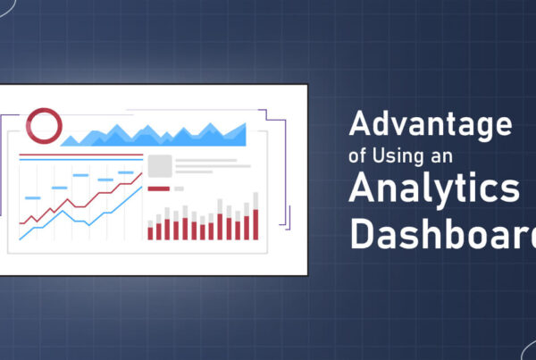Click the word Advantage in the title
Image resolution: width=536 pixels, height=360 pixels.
[431, 125]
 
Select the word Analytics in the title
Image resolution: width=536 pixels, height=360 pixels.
[434, 190]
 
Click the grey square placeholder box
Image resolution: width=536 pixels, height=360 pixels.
[160, 166]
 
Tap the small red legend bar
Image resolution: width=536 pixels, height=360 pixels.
[158, 188]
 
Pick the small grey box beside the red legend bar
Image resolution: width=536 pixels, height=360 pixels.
[179, 188]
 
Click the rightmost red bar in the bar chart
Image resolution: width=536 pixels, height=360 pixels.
[255, 224]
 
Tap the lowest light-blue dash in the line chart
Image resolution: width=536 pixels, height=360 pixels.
[32, 197]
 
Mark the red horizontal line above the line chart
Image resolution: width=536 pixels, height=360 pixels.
[80, 156]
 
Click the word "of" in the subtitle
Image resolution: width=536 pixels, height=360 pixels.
[357, 157]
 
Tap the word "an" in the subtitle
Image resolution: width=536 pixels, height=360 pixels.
[441, 157]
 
